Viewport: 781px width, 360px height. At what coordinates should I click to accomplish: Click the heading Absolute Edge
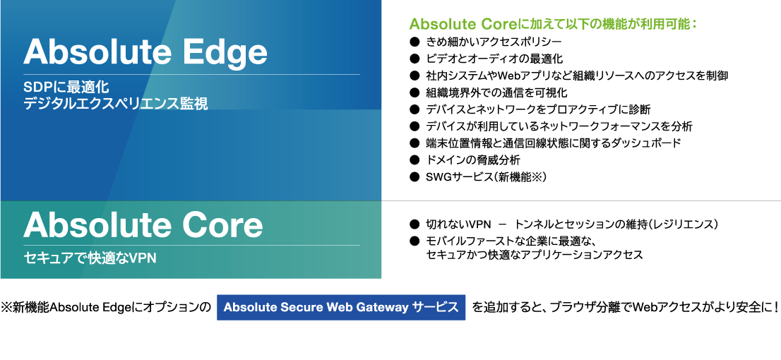145,52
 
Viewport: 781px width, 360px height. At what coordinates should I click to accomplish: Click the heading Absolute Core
143,225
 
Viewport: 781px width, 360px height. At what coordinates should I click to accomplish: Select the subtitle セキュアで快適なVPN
90,258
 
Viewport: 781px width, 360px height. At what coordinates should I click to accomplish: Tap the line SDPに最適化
66,88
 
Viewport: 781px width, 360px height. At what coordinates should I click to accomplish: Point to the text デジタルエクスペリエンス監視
116,104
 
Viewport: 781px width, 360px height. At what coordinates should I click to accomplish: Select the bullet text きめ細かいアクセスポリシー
494,42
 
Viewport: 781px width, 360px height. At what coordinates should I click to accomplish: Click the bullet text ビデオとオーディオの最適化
494,59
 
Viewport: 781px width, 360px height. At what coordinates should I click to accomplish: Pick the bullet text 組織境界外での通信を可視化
496,92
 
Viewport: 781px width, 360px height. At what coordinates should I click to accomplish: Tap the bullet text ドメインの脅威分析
473,160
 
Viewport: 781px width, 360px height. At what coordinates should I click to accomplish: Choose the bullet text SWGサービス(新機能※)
486,176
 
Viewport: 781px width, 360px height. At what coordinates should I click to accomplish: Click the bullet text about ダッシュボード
554,143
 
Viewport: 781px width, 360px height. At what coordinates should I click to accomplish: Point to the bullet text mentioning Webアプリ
578,76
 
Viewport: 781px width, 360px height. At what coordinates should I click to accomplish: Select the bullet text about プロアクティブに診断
538,109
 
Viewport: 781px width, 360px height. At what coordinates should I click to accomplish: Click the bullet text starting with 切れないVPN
572,224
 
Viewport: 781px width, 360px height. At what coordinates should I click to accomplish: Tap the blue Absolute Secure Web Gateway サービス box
341,307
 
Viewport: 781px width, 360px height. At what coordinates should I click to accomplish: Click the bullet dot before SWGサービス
414,176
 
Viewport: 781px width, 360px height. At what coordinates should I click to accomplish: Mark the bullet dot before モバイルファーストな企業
414,241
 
